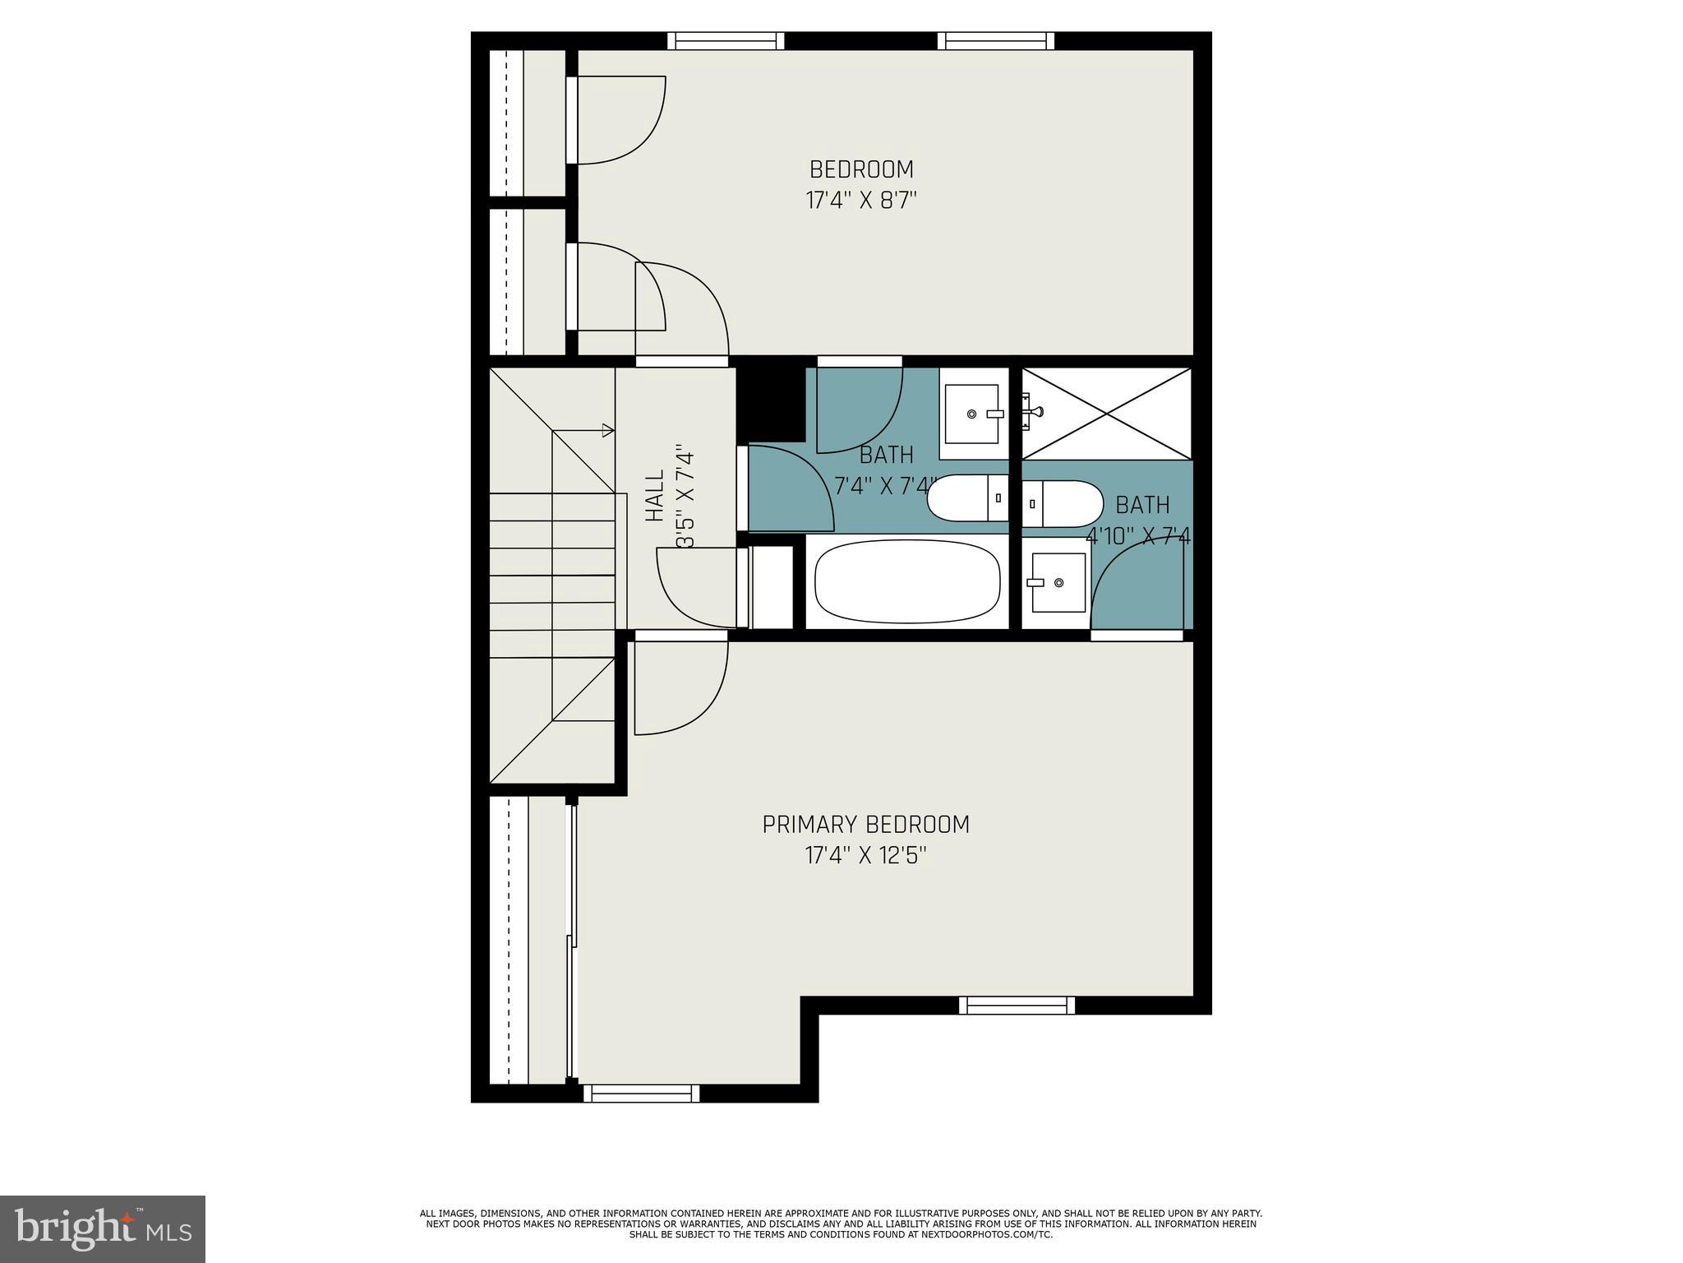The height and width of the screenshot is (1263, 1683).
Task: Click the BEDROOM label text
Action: pos(860,169)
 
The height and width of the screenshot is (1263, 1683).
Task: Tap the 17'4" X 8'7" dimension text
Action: pos(860,201)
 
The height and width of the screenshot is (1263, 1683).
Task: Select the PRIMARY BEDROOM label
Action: pos(865,825)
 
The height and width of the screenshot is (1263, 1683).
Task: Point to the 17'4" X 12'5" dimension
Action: pos(865,856)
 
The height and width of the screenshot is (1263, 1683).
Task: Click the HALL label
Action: pos(654,496)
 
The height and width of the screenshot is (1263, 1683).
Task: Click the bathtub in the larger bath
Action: pos(906,581)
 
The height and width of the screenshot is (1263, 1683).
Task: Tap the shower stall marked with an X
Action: pos(1106,414)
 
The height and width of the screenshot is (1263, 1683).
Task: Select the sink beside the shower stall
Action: pos(974,414)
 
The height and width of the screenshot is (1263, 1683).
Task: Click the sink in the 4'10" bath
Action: pos(1057,582)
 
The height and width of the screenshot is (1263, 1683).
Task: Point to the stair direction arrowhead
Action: pos(608,430)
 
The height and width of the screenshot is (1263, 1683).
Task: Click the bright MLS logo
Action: pos(102,1228)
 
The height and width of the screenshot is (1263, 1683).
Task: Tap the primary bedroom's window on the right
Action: pos(1017,1005)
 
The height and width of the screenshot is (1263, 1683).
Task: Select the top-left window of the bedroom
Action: pos(725,41)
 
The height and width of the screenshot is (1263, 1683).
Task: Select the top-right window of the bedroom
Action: pos(995,41)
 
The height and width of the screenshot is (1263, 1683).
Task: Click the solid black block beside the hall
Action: pos(769,401)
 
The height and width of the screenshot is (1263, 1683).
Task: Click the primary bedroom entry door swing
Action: pos(680,687)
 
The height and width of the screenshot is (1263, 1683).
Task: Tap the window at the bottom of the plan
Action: pos(641,1094)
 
